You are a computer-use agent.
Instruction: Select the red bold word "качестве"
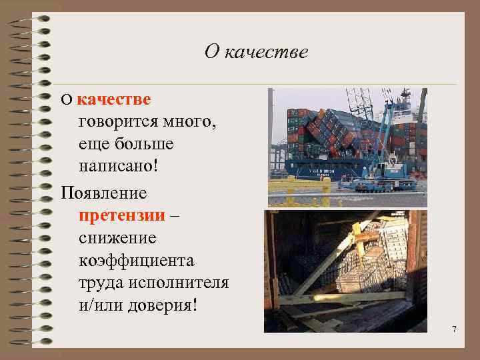click(x=114, y=99)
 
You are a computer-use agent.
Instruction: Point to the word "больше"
click(x=143, y=143)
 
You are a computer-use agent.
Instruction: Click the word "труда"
click(x=99, y=282)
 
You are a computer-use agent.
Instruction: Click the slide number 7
click(x=454, y=329)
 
